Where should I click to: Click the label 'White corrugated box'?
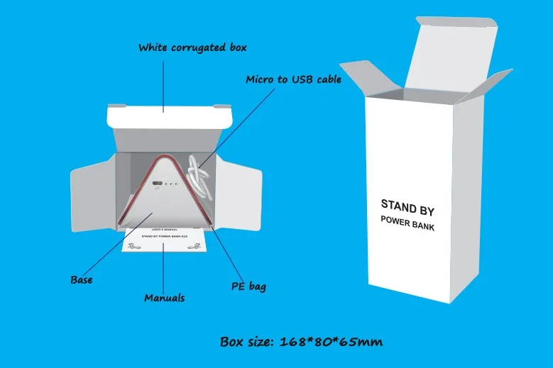coord(192,48)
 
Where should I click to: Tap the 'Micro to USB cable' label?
coord(293,79)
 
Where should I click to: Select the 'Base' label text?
coord(82,279)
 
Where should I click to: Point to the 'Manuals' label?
coord(165,298)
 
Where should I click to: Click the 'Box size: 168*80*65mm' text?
coord(302,342)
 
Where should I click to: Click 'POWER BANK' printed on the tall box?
coord(407,225)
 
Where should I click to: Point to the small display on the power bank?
coord(155,186)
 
